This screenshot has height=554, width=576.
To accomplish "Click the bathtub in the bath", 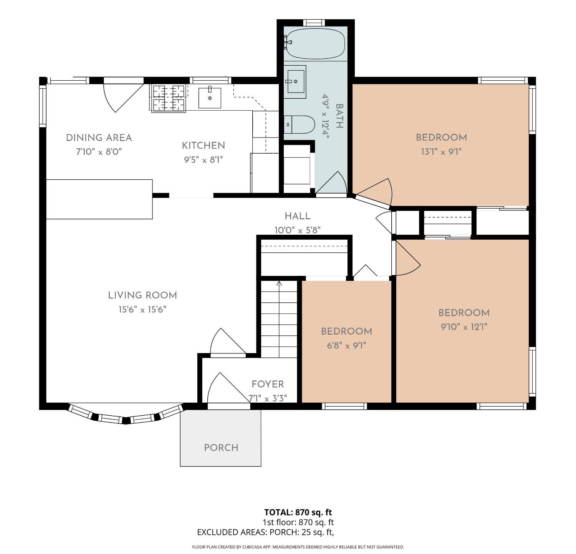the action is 315,43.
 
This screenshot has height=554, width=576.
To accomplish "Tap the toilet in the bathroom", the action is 299,124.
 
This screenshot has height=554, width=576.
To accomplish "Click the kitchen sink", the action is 210,98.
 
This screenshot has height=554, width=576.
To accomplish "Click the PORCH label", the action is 221,448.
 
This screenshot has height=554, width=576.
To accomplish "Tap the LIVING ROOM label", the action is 142,295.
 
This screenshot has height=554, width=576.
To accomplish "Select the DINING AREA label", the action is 99,138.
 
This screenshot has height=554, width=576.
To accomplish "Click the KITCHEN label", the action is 204,146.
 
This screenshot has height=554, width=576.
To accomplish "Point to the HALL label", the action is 298,216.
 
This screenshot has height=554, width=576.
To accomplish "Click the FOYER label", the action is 268,384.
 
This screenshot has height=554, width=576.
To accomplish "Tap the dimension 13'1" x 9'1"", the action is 441,152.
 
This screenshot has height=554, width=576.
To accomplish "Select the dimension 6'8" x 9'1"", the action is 346,345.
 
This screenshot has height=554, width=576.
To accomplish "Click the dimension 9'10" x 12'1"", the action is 464,327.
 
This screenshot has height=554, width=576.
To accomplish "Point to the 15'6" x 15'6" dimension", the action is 142,310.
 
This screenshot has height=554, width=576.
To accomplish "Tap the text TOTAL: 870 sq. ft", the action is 298,512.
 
